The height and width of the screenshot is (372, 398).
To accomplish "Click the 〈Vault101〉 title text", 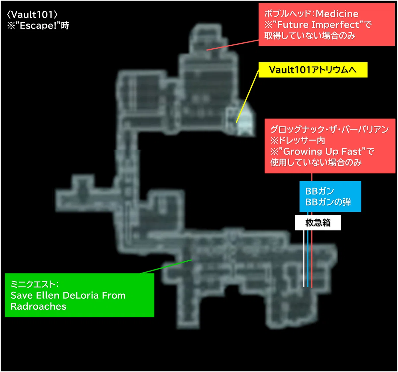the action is pos(32,15).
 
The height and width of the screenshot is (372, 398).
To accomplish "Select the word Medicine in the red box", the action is pos(337,14).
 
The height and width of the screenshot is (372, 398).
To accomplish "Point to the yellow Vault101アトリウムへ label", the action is pos(313,70).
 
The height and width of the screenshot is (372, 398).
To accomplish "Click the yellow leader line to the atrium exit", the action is pos(247,96).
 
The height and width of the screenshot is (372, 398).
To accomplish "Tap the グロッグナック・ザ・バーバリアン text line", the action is pos(329,129).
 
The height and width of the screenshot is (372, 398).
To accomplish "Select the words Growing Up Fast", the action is pos(322,152).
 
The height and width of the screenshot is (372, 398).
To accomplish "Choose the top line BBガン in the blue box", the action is pos(319,191).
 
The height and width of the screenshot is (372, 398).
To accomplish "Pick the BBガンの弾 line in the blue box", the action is pos(328,202).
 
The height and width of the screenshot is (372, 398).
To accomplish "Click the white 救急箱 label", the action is pos(318,222).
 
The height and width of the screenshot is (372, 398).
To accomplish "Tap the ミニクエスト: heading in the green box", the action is pos(35,284).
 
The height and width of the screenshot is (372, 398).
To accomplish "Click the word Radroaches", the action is pos(38,306).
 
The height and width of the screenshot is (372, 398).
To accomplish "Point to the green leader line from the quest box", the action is pos(166,267).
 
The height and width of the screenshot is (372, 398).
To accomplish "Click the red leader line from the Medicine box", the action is pos(232,45).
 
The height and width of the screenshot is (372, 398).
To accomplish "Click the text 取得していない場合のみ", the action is pos(310,36).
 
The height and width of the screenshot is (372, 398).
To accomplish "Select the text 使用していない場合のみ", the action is pos(316,162).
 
